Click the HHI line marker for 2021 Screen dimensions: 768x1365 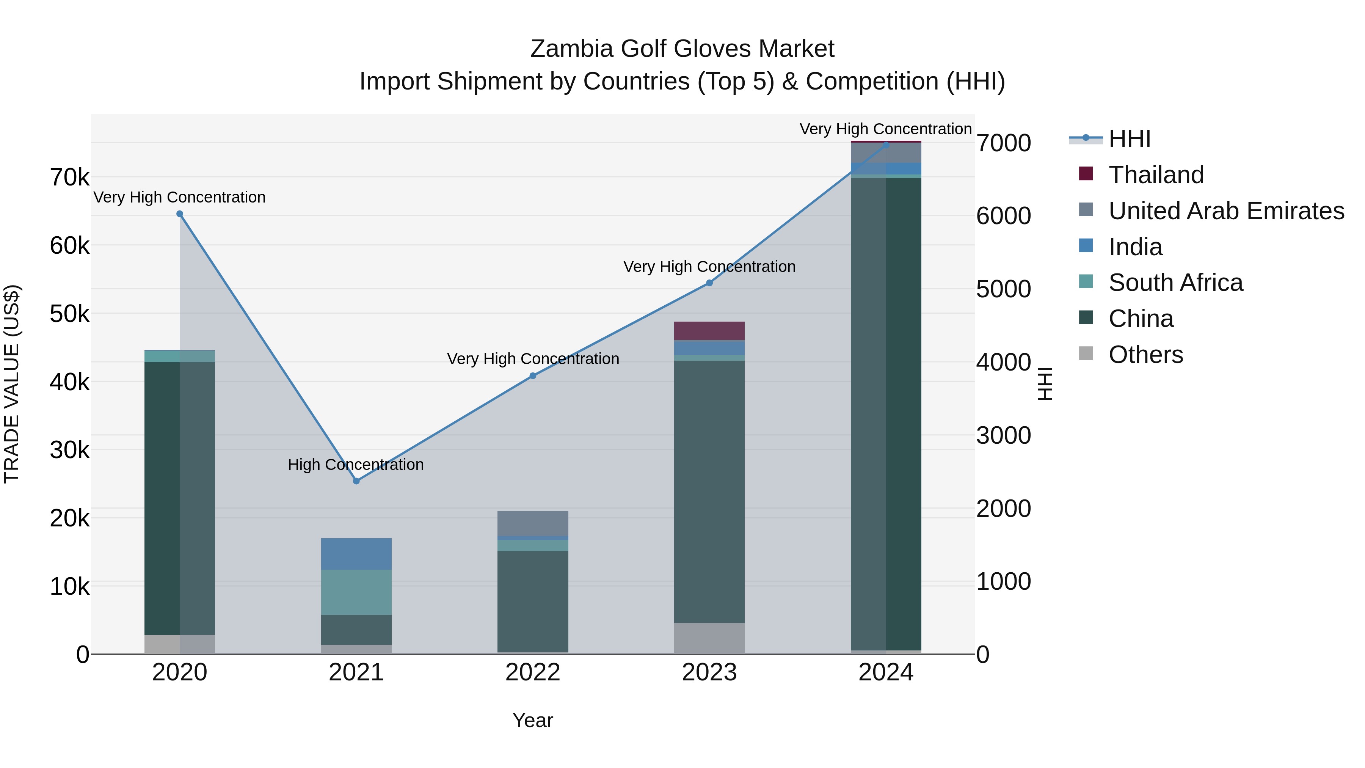pos(356,481)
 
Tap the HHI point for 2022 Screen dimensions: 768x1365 pos(533,376)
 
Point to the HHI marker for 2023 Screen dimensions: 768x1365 pos(709,283)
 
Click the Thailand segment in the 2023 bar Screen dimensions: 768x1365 pos(709,331)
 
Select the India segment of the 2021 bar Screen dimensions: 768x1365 pos(356,554)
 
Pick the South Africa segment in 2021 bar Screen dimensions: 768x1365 pos(356,592)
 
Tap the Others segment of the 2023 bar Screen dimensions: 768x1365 pos(709,638)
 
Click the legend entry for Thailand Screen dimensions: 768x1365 pos(1156,175)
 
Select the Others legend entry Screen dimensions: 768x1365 pos(1145,355)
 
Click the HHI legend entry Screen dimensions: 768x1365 pos(1129,139)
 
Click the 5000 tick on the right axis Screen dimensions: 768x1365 pos(1003,289)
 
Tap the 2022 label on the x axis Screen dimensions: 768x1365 pos(533,672)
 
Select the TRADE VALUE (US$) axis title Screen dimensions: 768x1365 pos(12,384)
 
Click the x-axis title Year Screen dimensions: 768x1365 pos(533,720)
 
